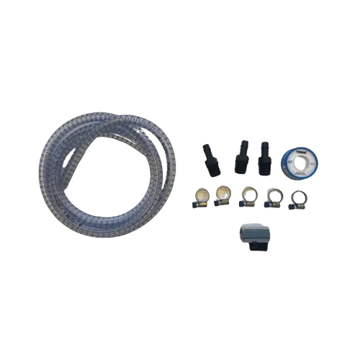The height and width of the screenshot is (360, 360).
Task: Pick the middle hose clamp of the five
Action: tap(248, 196)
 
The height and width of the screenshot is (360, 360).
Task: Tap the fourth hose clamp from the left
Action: tap(273, 196)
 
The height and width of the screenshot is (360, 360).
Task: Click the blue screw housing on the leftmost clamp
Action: tap(195, 205)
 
